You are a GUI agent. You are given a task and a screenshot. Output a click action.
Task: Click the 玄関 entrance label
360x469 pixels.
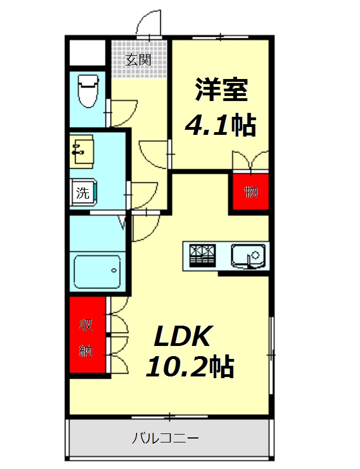(x=138, y=59)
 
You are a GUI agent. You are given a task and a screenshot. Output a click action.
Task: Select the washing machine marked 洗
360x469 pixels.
(x=85, y=192)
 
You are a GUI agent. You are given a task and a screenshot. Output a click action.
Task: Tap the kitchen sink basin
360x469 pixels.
(x=248, y=255)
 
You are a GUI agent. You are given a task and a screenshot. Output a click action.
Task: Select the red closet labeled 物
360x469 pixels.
(x=250, y=192)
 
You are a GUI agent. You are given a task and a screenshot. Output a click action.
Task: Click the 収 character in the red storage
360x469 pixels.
(x=86, y=325)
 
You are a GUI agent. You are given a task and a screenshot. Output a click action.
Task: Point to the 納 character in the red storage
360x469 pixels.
(x=86, y=351)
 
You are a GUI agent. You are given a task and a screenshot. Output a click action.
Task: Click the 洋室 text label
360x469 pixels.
(x=222, y=90)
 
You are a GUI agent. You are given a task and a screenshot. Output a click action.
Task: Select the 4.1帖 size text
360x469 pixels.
(x=221, y=125)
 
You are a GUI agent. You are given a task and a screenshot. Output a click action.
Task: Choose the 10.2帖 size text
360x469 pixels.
(x=190, y=367)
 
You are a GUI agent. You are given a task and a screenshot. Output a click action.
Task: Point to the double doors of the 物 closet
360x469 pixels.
(x=250, y=160)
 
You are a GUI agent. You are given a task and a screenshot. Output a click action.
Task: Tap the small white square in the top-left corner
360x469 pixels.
(x=88, y=52)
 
